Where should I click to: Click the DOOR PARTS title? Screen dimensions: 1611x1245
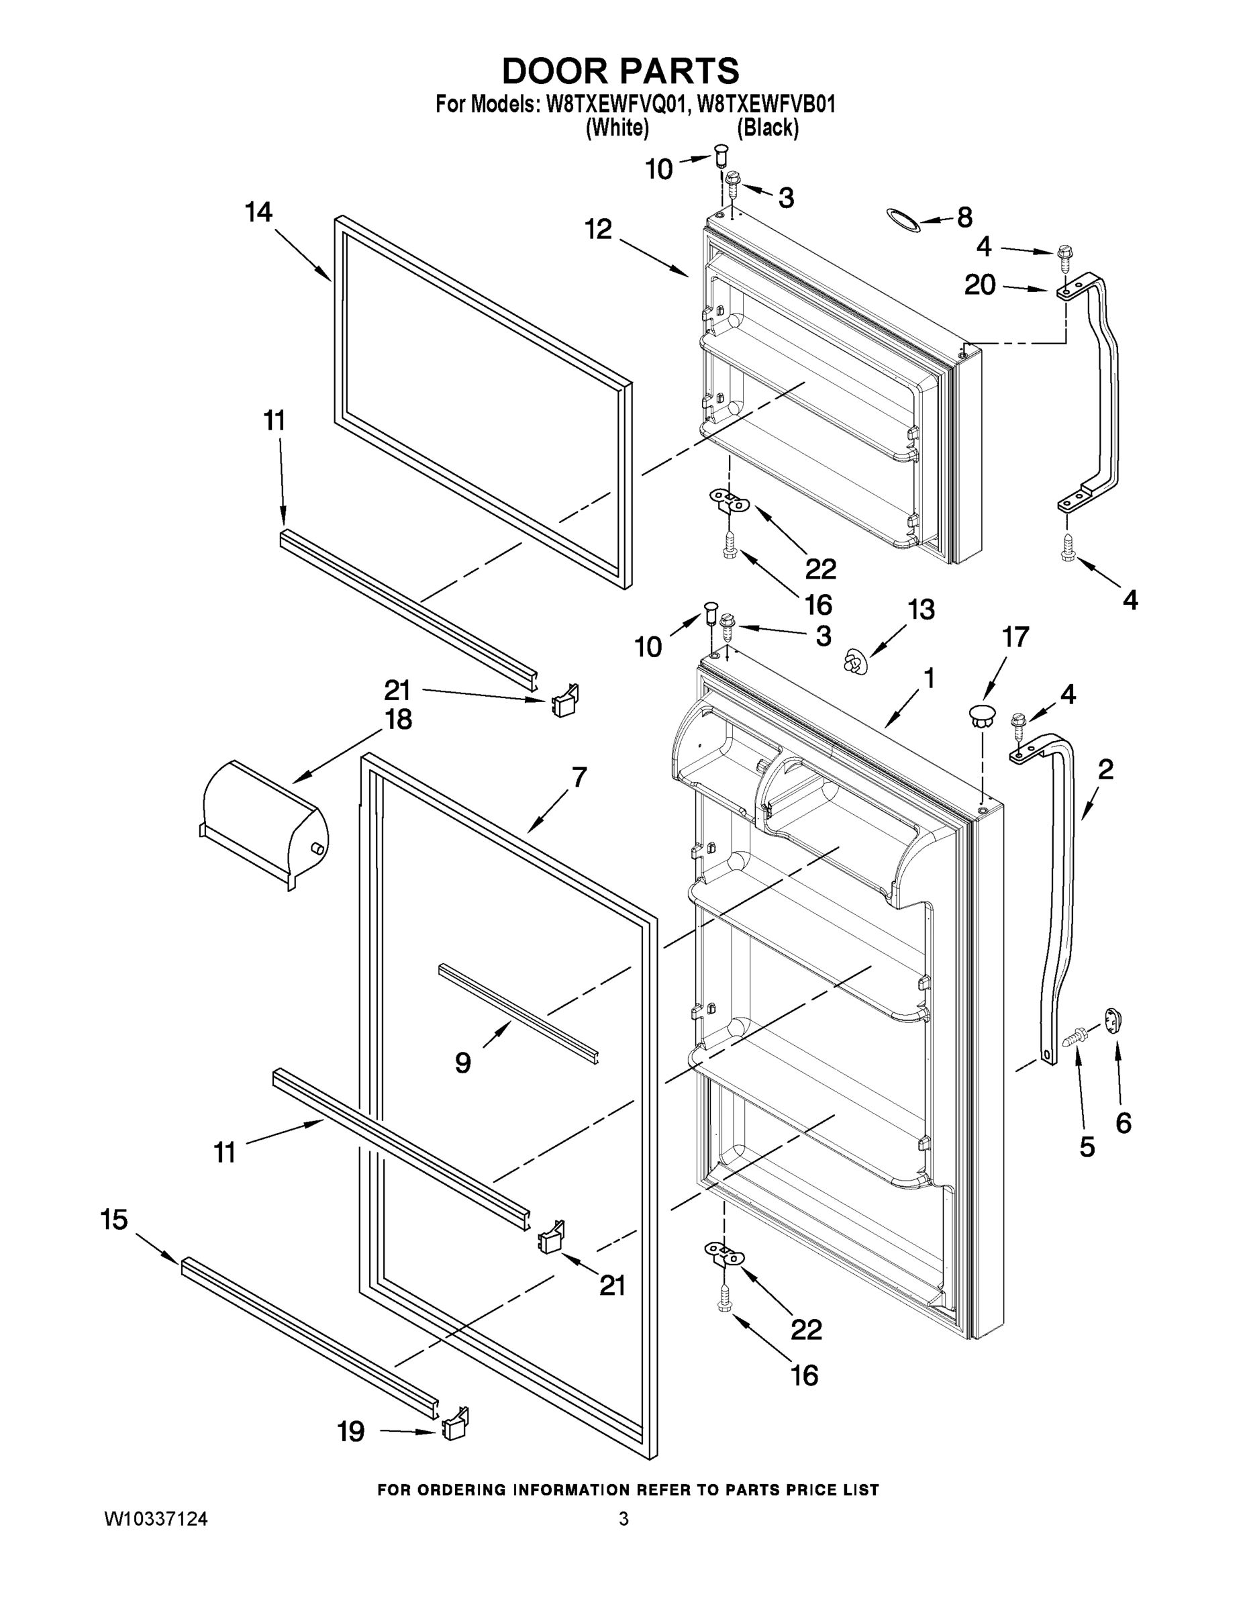coord(620,72)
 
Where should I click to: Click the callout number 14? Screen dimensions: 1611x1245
coord(258,212)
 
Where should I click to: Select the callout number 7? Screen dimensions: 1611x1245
coord(579,777)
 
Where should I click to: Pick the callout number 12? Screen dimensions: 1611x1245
coord(599,230)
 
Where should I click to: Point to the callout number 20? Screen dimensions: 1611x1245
coord(979,285)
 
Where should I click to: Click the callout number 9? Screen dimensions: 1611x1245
coord(462,1063)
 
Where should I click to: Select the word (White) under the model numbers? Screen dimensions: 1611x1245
coord(617,128)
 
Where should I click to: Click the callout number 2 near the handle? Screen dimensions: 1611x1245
coord(1105,769)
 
